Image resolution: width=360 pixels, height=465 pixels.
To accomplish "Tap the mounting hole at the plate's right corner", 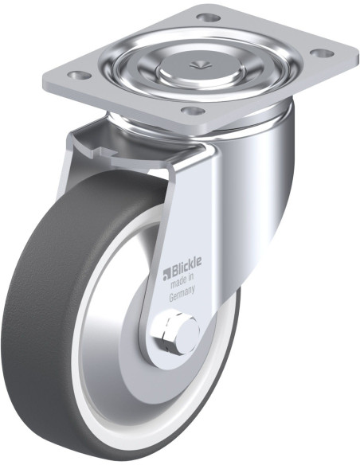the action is pyautogui.click(x=321, y=53).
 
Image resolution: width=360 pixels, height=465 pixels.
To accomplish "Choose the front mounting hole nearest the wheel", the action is pyautogui.click(x=194, y=111).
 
